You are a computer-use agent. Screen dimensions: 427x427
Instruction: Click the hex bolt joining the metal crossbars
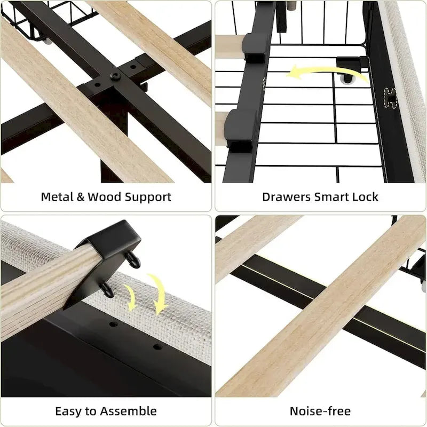pyautogui.click(x=114, y=76)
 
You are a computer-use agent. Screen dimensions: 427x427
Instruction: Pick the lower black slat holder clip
pyautogui.click(x=241, y=130)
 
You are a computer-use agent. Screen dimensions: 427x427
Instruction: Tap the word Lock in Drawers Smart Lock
pyautogui.click(x=366, y=196)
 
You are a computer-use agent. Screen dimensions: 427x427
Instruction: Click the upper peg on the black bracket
pyautogui.click(x=131, y=260)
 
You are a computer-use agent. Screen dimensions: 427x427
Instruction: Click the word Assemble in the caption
pyautogui.click(x=130, y=411)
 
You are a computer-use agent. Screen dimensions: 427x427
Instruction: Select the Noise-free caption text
pyautogui.click(x=320, y=411)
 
